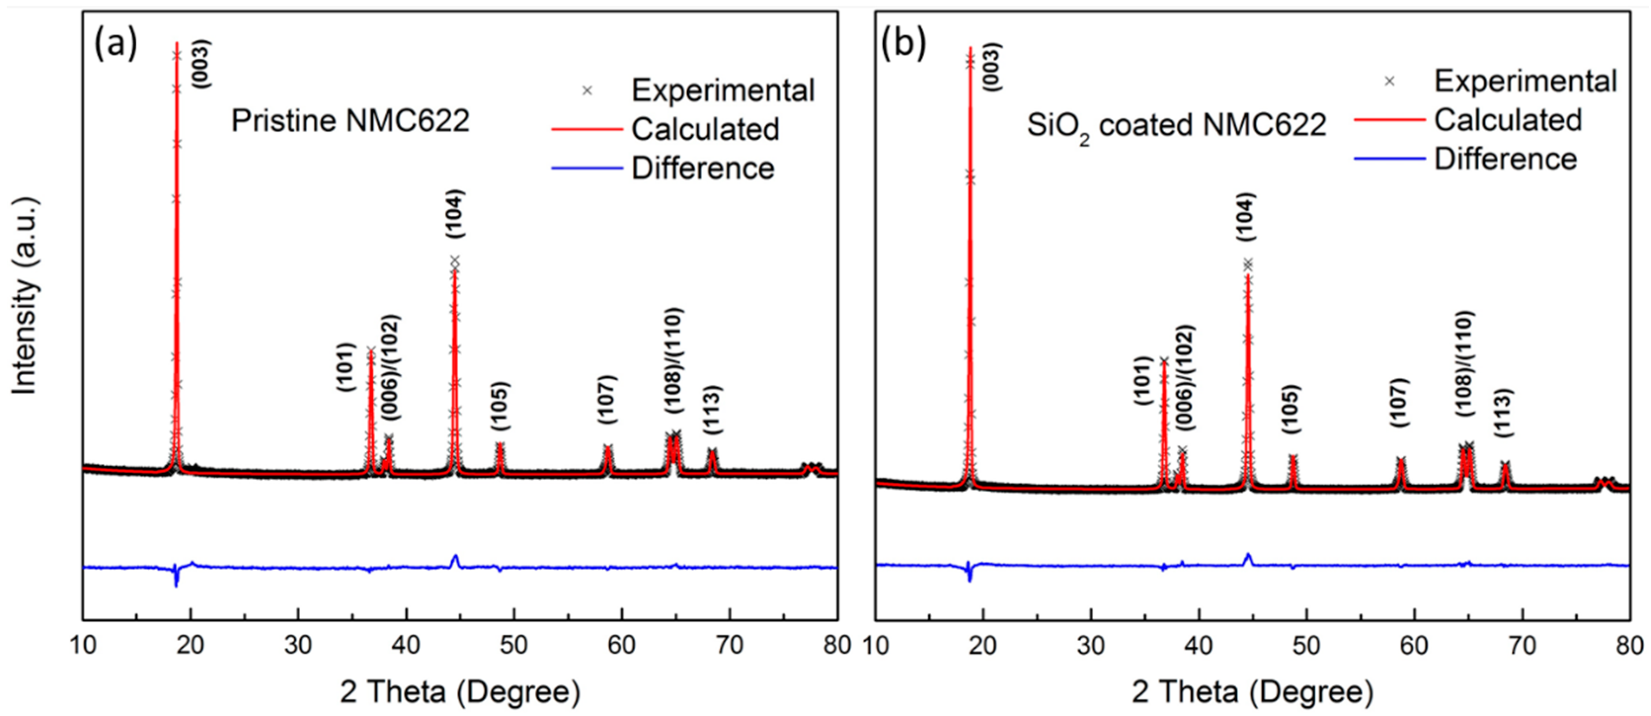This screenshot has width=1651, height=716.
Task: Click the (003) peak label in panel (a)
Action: [202, 64]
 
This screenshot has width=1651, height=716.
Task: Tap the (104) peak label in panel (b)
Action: [1247, 217]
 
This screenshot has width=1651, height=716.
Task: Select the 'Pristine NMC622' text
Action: [350, 120]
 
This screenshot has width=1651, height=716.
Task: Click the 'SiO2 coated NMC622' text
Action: [1176, 125]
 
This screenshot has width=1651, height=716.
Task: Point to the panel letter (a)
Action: [116, 45]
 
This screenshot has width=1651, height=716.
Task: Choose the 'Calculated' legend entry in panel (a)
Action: [705, 129]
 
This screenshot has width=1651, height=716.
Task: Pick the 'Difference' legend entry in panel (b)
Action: [1505, 159]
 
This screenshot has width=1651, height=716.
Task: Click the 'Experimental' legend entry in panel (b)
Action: [1526, 81]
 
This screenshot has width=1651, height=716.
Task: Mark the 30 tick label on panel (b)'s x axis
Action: [1091, 645]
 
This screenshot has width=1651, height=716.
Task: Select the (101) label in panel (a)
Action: [346, 368]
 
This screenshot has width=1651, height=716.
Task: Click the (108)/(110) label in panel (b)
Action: [1465, 363]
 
